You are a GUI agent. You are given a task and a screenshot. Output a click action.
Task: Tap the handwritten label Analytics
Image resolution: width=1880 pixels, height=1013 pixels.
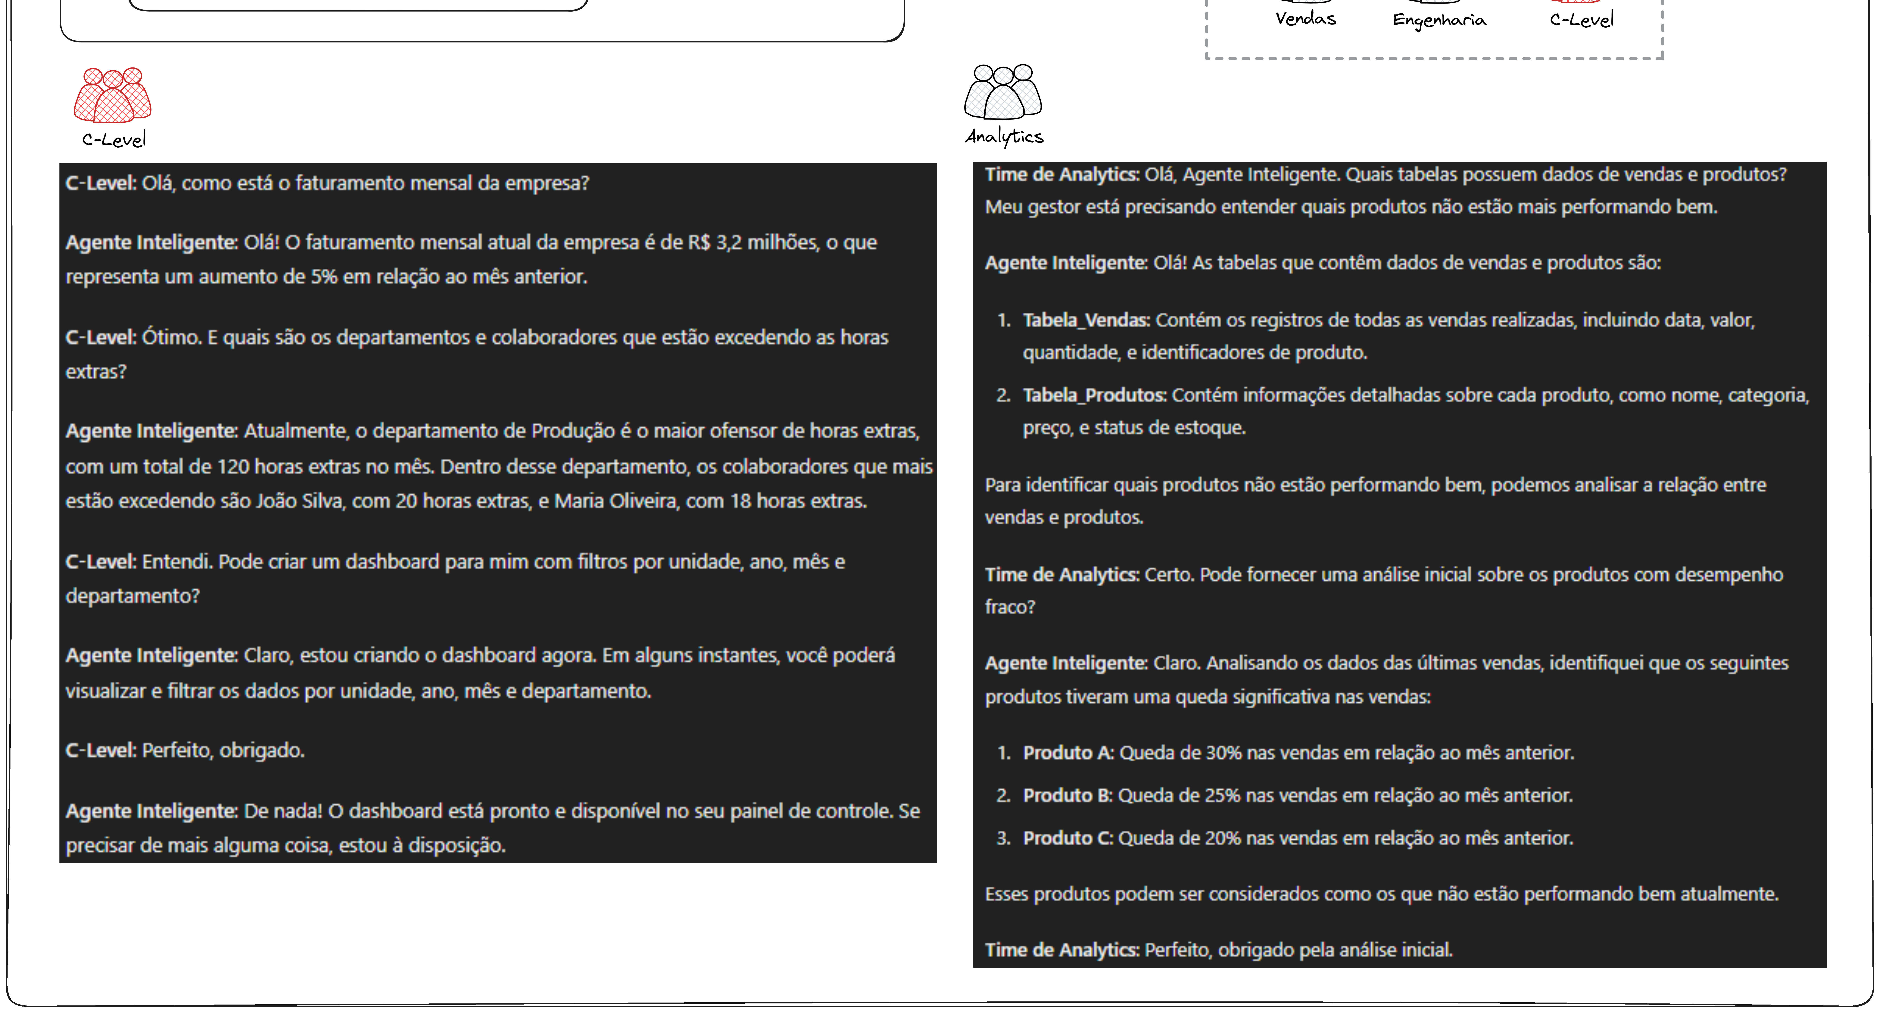coord(1004,136)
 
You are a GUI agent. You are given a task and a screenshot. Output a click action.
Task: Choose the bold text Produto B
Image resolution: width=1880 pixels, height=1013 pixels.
coord(1067,796)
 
